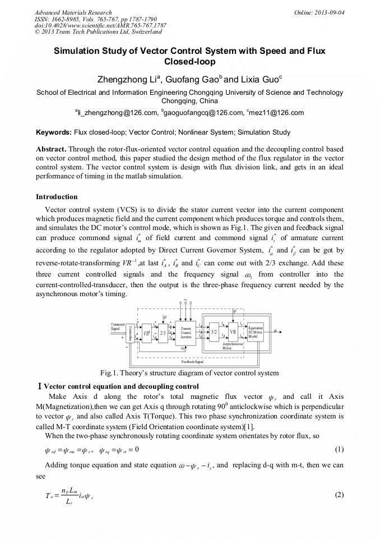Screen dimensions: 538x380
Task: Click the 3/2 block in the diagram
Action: pyautogui.click(x=214, y=332)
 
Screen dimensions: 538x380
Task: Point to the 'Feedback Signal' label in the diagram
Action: pyautogui.click(x=192, y=363)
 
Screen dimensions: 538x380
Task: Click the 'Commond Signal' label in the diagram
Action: pyautogui.click(x=118, y=326)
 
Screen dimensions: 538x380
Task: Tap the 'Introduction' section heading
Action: pyautogui.click(x=57, y=197)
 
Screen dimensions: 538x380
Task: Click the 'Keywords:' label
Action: pyautogui.click(x=53, y=132)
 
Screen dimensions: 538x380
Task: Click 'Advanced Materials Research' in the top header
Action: pyautogui.click(x=73, y=12)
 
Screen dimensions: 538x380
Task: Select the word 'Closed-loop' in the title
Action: pyautogui.click(x=189, y=61)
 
